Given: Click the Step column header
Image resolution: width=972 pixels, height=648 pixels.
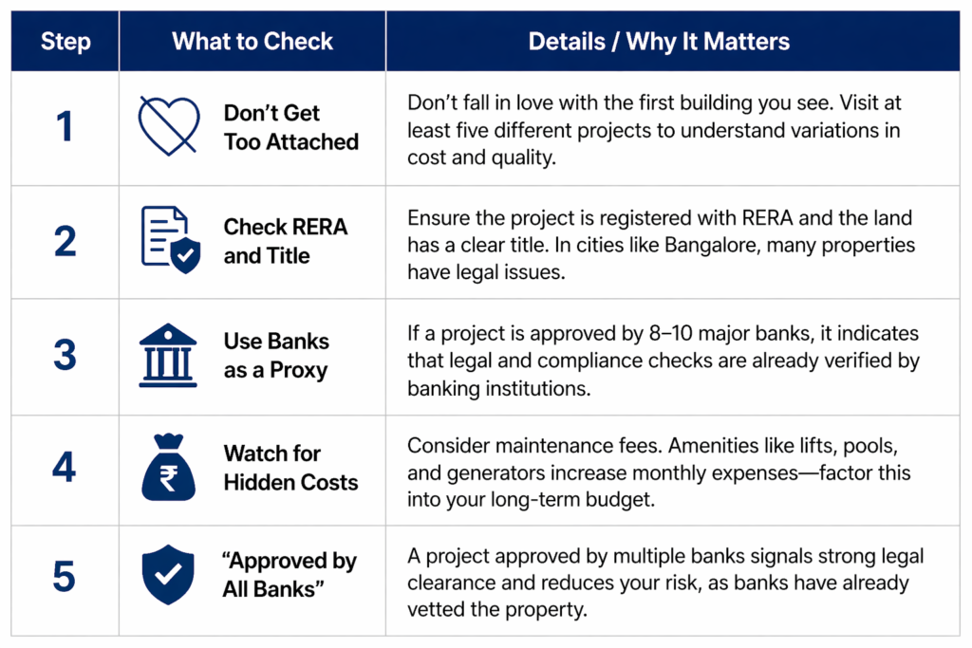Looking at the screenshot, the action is click(65, 42).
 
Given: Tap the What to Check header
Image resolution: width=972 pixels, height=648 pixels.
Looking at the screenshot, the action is click(252, 42).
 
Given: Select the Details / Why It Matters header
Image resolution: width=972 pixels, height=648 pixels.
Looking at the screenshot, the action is click(659, 42).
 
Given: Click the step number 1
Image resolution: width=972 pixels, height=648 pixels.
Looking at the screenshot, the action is click(65, 126).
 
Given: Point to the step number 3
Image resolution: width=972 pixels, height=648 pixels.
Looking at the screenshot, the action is click(65, 355).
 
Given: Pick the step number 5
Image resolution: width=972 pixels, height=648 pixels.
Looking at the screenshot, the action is click(65, 577).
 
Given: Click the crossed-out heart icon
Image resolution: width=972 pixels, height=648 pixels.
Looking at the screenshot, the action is click(169, 126).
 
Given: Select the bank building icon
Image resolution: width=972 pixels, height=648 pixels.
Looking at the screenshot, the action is click(168, 356).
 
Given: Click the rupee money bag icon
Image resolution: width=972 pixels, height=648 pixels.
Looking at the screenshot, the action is click(169, 467).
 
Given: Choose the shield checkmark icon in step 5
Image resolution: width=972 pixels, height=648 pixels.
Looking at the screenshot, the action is click(168, 575).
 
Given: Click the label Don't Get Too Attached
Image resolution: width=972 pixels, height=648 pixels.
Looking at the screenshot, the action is click(291, 128).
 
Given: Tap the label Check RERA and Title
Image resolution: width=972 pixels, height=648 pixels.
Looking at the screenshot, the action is click(286, 241).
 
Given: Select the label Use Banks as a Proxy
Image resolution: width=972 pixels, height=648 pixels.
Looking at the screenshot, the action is click(276, 356).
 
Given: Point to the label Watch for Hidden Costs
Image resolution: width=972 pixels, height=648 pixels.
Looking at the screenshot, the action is click(290, 468).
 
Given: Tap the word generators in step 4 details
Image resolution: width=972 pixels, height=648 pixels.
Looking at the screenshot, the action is click(495, 473).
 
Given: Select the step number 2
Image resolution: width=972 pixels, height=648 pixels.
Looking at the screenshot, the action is click(65, 241).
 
